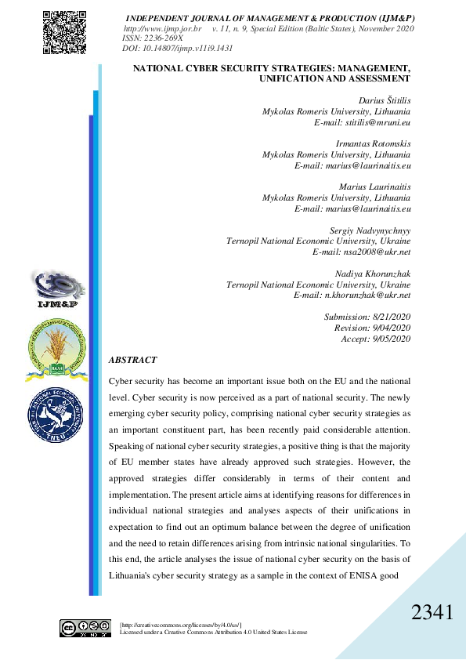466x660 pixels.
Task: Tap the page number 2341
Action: tap(432, 613)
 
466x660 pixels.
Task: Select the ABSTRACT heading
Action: tap(133, 360)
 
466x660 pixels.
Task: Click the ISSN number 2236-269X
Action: tap(153, 38)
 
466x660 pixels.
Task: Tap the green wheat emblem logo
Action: tap(56, 346)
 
